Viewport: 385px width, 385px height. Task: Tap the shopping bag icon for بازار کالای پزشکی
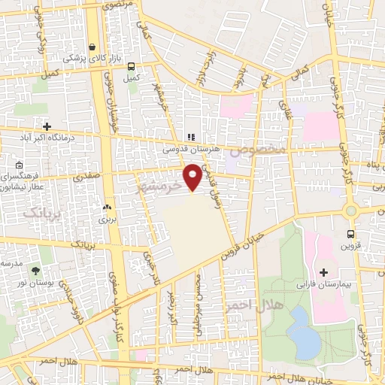(x=92, y=46)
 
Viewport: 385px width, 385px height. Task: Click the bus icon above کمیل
(x=132, y=65)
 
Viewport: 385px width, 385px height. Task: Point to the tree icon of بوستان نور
(x=35, y=269)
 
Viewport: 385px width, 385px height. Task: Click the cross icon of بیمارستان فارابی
(x=324, y=271)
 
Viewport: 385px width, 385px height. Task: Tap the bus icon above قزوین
(x=350, y=233)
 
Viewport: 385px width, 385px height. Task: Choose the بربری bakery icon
(x=106, y=208)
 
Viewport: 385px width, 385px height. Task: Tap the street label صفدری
(x=86, y=177)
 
